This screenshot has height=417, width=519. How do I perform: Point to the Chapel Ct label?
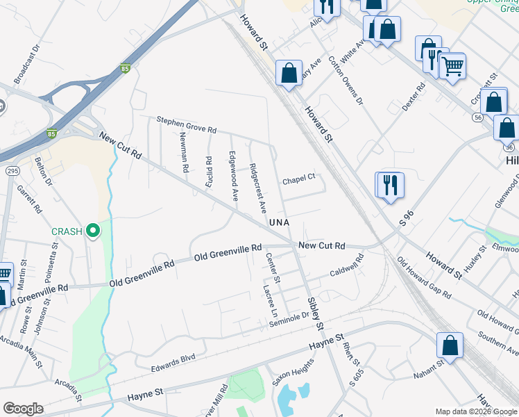coord(298,181)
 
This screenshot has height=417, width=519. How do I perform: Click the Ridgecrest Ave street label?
coord(257,188)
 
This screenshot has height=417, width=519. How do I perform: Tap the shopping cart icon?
coord(452,67)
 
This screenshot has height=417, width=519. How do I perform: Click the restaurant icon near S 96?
coord(391,185)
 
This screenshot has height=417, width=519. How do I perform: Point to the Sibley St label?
coord(316,313)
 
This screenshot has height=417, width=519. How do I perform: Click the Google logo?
coord(23,409)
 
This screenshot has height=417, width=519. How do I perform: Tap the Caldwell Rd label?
coord(346,267)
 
